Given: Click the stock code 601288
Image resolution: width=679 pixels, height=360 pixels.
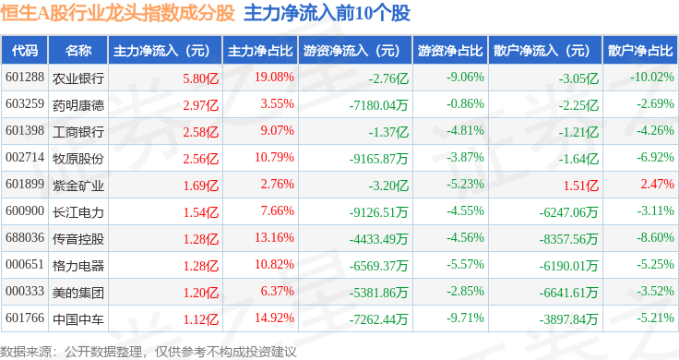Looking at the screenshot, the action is (x=25, y=78).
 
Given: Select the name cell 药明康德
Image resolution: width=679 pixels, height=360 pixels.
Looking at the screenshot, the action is (x=78, y=105).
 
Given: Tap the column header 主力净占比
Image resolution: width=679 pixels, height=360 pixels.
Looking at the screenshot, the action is (x=260, y=51).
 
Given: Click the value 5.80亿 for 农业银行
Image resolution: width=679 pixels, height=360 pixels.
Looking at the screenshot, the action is (x=200, y=78).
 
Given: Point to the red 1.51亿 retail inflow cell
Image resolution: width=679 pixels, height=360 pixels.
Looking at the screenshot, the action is (x=580, y=186).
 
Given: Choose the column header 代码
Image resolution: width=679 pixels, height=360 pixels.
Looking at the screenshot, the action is (x=25, y=51).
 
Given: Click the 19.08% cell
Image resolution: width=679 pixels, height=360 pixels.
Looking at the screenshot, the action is (x=274, y=78).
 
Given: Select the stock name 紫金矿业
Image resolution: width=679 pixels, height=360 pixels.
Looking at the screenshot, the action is (x=78, y=186).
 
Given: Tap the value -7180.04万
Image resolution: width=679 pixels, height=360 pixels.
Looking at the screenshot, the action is (x=379, y=105).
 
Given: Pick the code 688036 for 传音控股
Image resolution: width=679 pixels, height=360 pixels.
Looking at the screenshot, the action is (x=25, y=237).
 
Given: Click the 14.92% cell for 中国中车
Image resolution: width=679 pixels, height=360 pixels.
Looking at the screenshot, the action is (x=274, y=318).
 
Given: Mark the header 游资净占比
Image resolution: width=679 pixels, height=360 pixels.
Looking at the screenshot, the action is (x=450, y=51).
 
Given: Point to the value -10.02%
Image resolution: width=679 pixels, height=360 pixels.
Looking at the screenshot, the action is (x=651, y=78).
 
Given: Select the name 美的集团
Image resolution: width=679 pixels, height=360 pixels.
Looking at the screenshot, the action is (x=78, y=293).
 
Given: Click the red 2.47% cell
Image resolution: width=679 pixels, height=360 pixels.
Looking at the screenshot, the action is (x=658, y=184).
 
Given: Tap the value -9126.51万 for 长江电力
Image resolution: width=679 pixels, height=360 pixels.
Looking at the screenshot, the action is (x=379, y=212).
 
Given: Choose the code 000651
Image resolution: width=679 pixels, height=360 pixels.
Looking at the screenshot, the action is (x=25, y=264).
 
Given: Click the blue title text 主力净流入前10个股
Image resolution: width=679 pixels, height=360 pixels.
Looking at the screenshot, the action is (x=327, y=13).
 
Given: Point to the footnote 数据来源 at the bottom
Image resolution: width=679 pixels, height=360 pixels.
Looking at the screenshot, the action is (x=26, y=352).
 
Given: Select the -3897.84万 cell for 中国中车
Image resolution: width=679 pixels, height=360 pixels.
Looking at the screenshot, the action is (x=568, y=319).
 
